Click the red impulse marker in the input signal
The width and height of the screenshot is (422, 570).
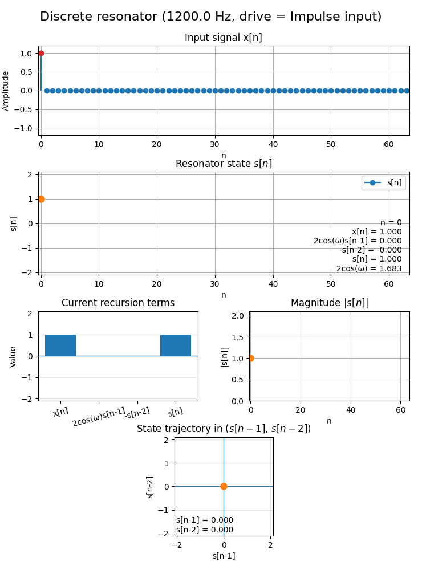pyautogui.click(x=41, y=54)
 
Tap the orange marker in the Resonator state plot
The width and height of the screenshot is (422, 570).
pyautogui.click(x=42, y=199)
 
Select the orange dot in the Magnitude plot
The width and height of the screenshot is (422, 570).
pyautogui.click(x=251, y=359)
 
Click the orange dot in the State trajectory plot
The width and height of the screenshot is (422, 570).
pyautogui.click(x=224, y=486)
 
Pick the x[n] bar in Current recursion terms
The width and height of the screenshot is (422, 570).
pyautogui.click(x=60, y=345)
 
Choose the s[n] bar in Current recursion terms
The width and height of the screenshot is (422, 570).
pyautogui.click(x=176, y=345)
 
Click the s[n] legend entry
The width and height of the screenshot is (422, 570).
pyautogui.click(x=384, y=182)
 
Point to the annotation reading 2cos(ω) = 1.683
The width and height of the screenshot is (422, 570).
pyautogui.click(x=369, y=268)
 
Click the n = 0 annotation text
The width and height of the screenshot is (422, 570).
pyautogui.click(x=391, y=222)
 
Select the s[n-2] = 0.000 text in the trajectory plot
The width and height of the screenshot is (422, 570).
pyautogui.click(x=205, y=530)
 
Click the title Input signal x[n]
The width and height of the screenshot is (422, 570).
pyautogui.click(x=224, y=38)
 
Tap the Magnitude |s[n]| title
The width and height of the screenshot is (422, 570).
pyautogui.click(x=330, y=303)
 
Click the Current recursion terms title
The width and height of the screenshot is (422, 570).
pyautogui.click(x=118, y=303)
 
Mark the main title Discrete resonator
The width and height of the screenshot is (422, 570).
pyautogui.click(x=211, y=17)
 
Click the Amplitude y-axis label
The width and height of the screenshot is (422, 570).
pyautogui.click(x=6, y=91)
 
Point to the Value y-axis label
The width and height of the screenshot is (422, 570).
pyautogui.click(x=13, y=357)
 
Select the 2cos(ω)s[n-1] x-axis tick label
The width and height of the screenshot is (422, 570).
pyautogui.click(x=99, y=417)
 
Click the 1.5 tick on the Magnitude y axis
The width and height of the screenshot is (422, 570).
pyautogui.click(x=238, y=337)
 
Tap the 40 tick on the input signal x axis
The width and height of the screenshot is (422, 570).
pyautogui.click(x=273, y=144)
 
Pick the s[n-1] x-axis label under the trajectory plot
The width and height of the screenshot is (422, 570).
pyautogui.click(x=224, y=556)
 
